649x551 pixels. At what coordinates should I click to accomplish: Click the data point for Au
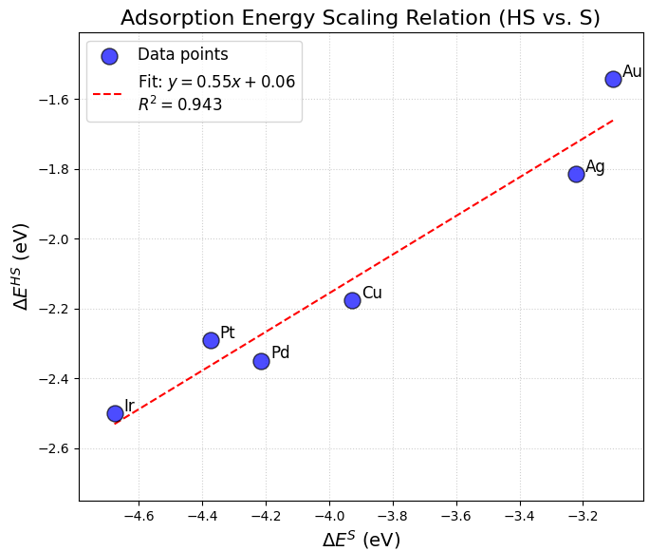click(613, 79)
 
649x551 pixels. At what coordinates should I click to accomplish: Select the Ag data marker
click(576, 174)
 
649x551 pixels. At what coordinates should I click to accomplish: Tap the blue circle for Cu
click(352, 300)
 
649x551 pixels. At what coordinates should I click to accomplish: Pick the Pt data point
click(211, 340)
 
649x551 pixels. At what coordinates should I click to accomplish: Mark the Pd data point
click(261, 361)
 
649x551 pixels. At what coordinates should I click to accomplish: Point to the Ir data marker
click(115, 413)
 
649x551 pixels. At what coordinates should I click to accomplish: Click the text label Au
click(632, 71)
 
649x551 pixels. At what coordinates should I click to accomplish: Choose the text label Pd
click(280, 353)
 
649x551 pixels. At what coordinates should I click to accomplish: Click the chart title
click(361, 18)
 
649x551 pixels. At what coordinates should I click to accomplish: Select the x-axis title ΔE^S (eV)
click(361, 540)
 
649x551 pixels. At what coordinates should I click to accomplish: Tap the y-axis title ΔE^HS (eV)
click(21, 267)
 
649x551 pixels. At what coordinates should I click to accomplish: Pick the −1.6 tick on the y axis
click(52, 100)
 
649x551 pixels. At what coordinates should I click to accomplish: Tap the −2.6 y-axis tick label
click(52, 448)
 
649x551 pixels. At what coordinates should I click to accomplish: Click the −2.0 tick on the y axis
click(52, 239)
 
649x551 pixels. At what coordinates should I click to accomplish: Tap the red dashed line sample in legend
click(108, 93)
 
